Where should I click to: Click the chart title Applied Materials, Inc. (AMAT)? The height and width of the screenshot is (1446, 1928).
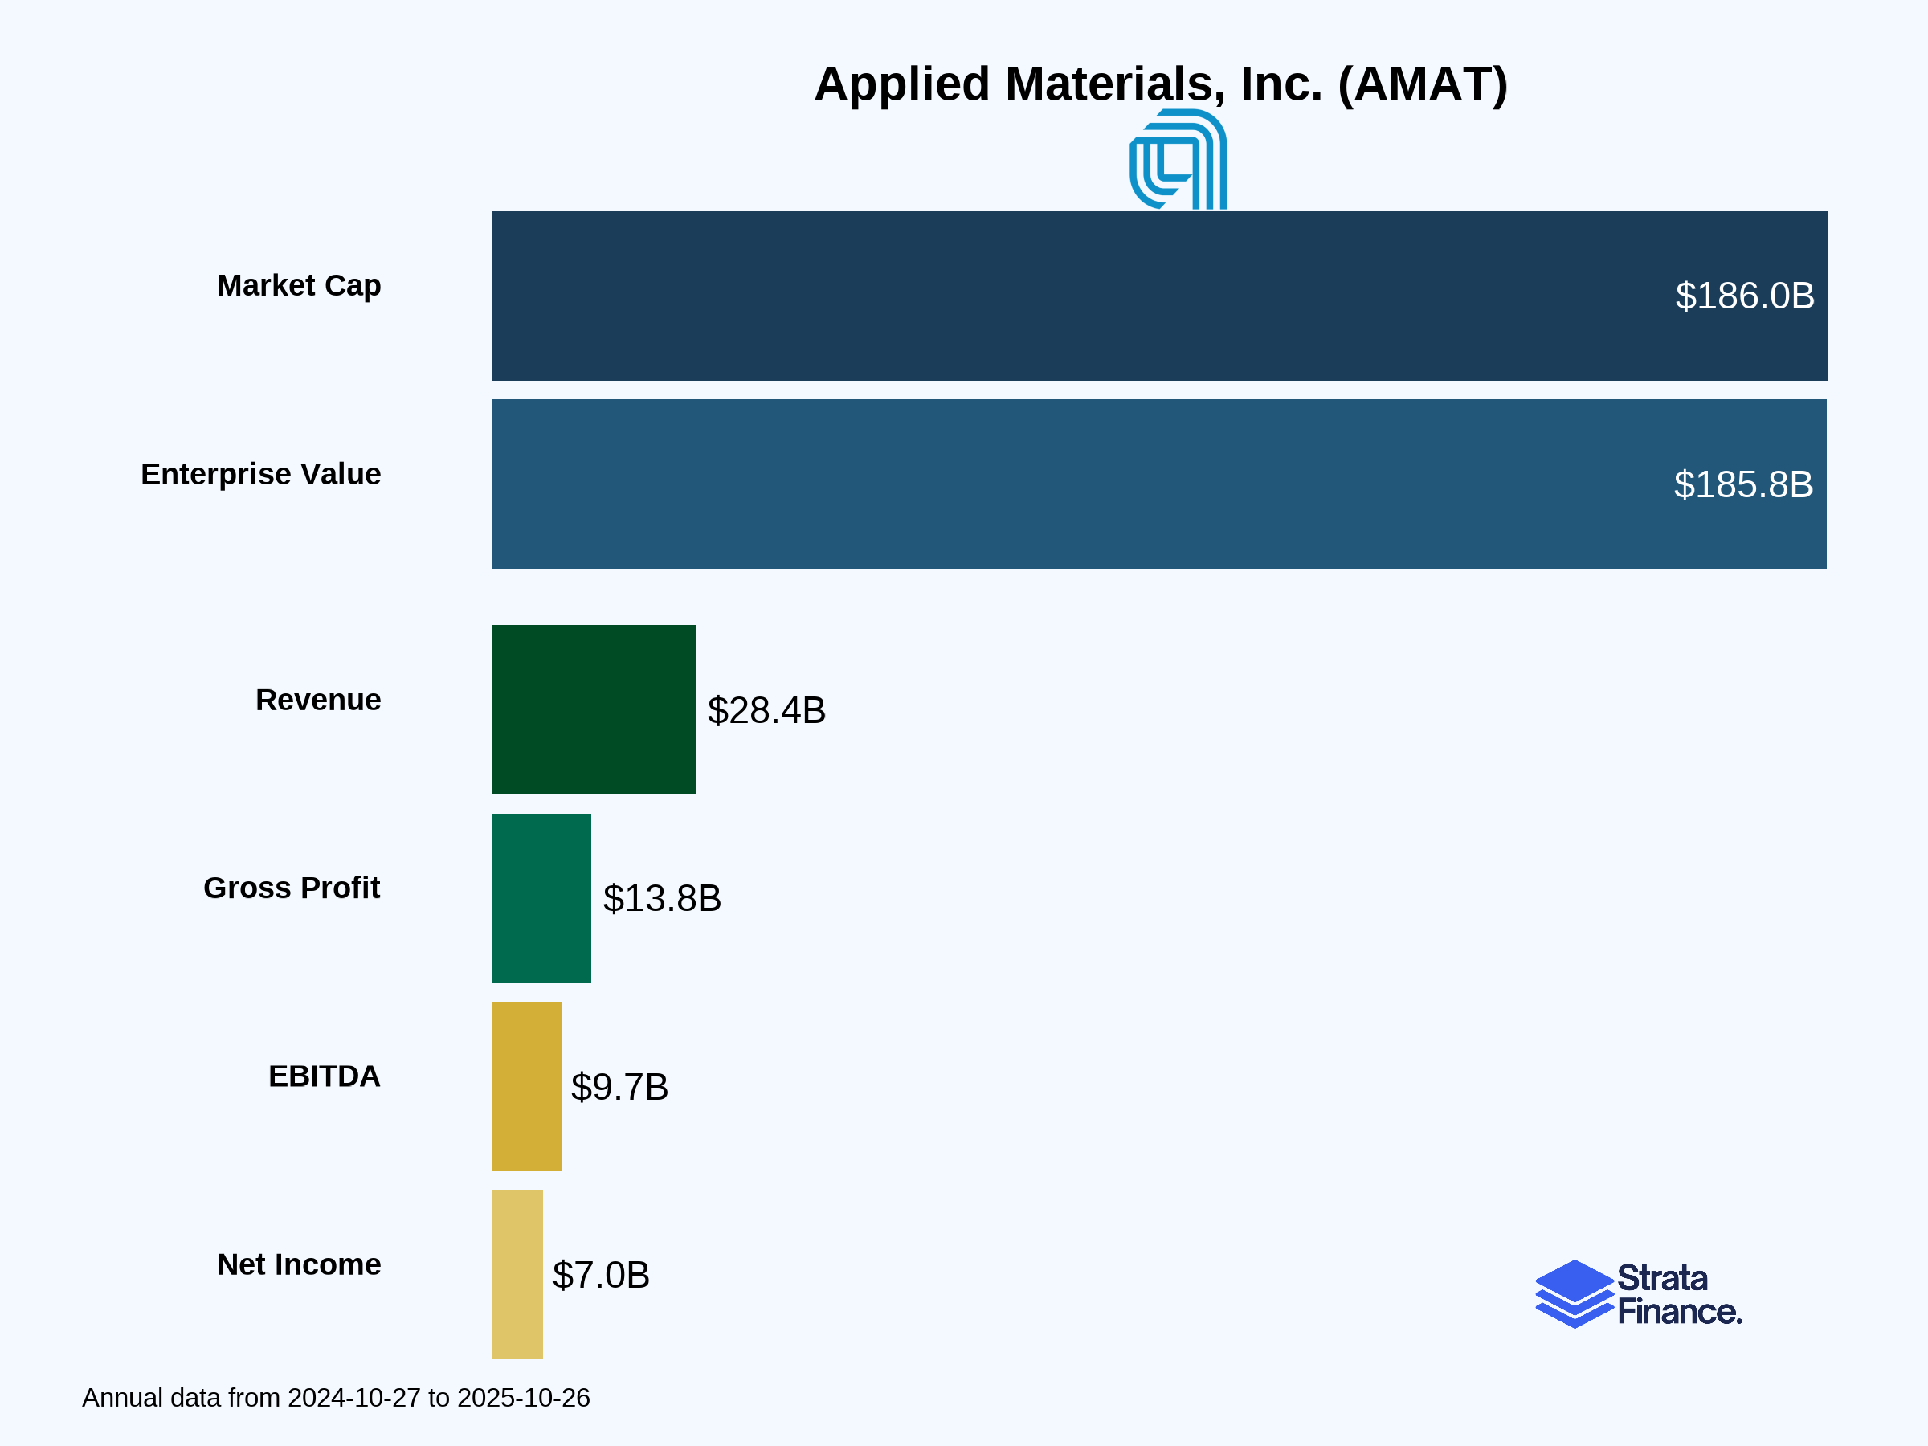tap(1160, 84)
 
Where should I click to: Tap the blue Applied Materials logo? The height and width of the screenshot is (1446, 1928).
tap(1178, 160)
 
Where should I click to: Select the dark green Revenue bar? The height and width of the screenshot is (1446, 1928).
tap(594, 709)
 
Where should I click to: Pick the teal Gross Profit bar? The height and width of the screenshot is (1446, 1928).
tap(541, 898)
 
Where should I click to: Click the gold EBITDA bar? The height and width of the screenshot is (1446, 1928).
tap(526, 1086)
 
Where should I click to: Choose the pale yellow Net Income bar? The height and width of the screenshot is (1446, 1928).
tap(517, 1274)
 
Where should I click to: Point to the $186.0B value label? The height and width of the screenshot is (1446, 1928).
tap(1744, 296)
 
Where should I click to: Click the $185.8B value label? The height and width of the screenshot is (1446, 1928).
tap(1742, 484)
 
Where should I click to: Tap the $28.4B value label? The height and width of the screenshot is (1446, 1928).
tap(766, 710)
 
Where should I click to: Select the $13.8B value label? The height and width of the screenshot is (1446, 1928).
tap(662, 899)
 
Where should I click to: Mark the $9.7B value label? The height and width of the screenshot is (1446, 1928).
tap(619, 1087)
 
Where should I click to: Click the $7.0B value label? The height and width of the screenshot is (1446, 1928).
tap(601, 1275)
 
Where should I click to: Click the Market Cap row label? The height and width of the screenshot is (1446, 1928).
tap(298, 286)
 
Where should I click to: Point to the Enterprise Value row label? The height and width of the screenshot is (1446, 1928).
tap(260, 474)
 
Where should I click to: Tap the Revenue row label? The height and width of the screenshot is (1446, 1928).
tap(317, 700)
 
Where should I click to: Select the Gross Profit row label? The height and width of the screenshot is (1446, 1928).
tap(291, 888)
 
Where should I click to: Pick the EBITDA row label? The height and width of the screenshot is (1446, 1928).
tap(324, 1076)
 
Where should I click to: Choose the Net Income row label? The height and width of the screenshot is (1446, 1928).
tap(298, 1264)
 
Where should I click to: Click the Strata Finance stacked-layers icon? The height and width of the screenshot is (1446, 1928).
tap(1573, 1293)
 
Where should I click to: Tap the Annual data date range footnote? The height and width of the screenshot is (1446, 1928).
tap(336, 1398)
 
